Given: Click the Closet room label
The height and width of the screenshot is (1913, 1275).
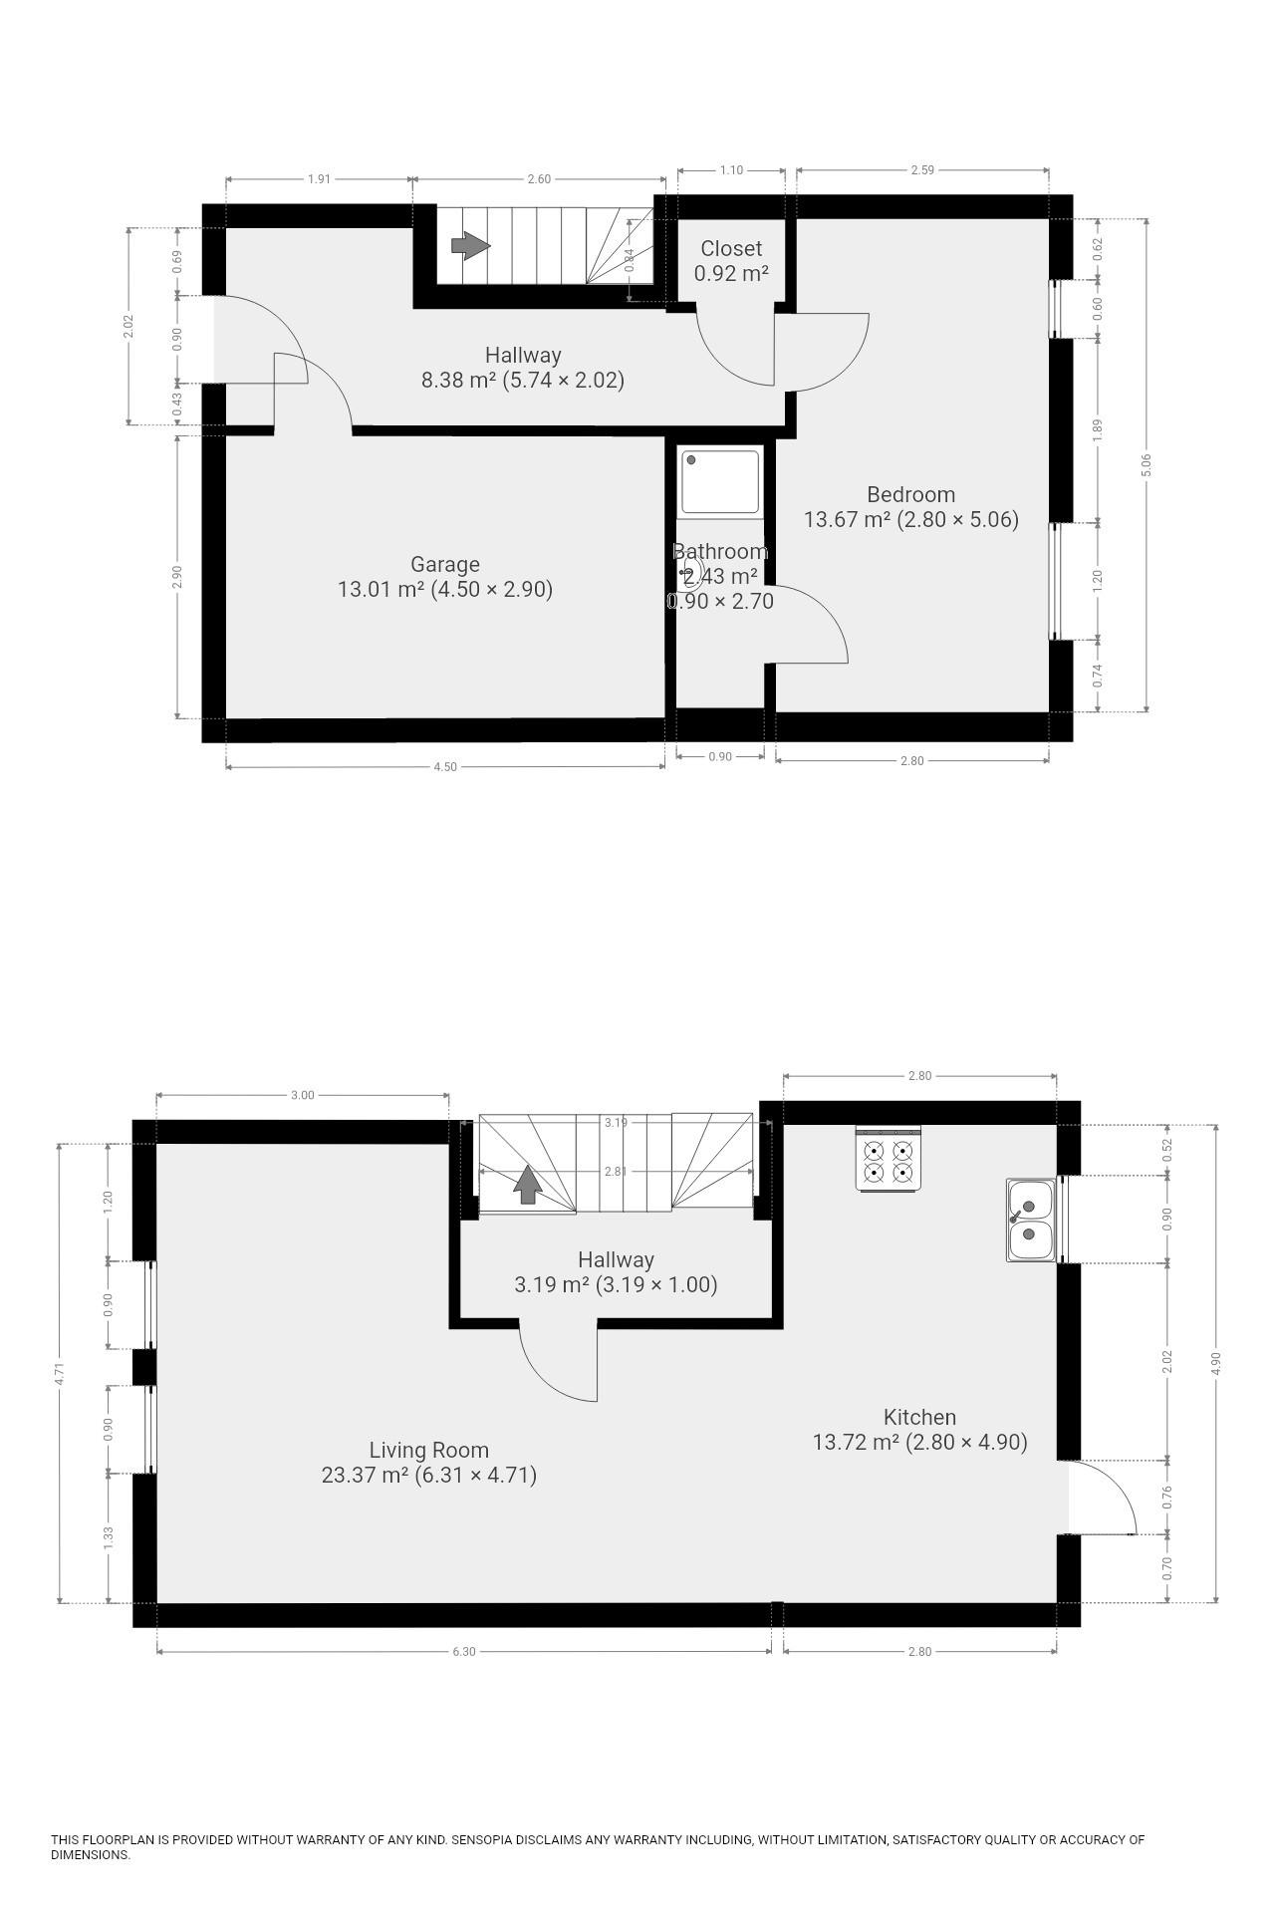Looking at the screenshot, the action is click(x=731, y=249).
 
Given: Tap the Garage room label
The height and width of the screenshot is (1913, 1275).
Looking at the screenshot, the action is click(x=445, y=564).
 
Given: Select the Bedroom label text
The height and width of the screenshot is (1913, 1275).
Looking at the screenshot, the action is click(x=910, y=494).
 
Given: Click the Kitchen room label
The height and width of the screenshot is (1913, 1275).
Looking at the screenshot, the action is click(x=919, y=1417).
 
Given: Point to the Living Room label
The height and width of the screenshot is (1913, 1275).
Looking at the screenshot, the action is click(x=429, y=1451).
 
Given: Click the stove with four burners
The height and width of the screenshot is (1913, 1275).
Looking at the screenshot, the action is click(x=888, y=1158).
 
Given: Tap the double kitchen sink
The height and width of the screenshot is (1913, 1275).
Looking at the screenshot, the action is click(x=1031, y=1221).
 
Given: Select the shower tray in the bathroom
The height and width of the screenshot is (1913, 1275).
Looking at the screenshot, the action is click(x=719, y=482).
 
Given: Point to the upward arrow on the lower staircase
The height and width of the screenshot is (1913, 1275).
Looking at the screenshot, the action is click(x=528, y=1185).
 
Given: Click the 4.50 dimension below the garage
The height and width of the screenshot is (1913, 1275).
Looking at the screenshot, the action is click(x=445, y=767).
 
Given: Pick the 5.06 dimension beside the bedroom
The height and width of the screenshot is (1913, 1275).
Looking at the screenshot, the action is click(x=1147, y=464).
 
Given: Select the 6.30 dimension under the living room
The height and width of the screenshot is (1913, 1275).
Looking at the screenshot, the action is click(x=464, y=1651).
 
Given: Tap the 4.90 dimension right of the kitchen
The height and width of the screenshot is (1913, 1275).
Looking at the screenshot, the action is click(x=1215, y=1363).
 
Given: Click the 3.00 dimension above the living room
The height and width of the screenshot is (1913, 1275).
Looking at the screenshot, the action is click(x=302, y=1095).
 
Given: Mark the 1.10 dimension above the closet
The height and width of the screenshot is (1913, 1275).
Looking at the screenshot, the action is click(x=731, y=170).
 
